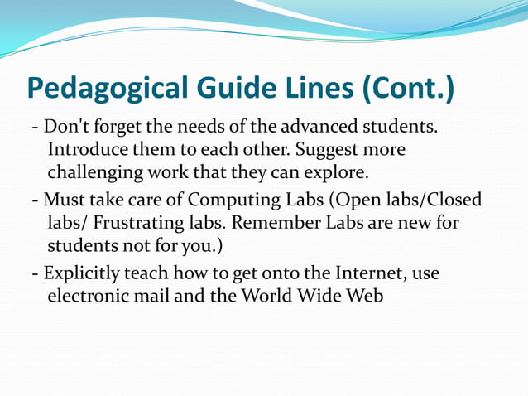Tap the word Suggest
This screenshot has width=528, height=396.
335,152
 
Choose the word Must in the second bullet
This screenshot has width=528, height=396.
63,201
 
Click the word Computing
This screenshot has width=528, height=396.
231,201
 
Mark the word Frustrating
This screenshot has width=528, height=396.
128,225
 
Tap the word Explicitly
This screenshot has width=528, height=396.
81,273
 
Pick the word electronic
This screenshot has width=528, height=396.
87,295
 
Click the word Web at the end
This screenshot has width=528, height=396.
365,295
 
